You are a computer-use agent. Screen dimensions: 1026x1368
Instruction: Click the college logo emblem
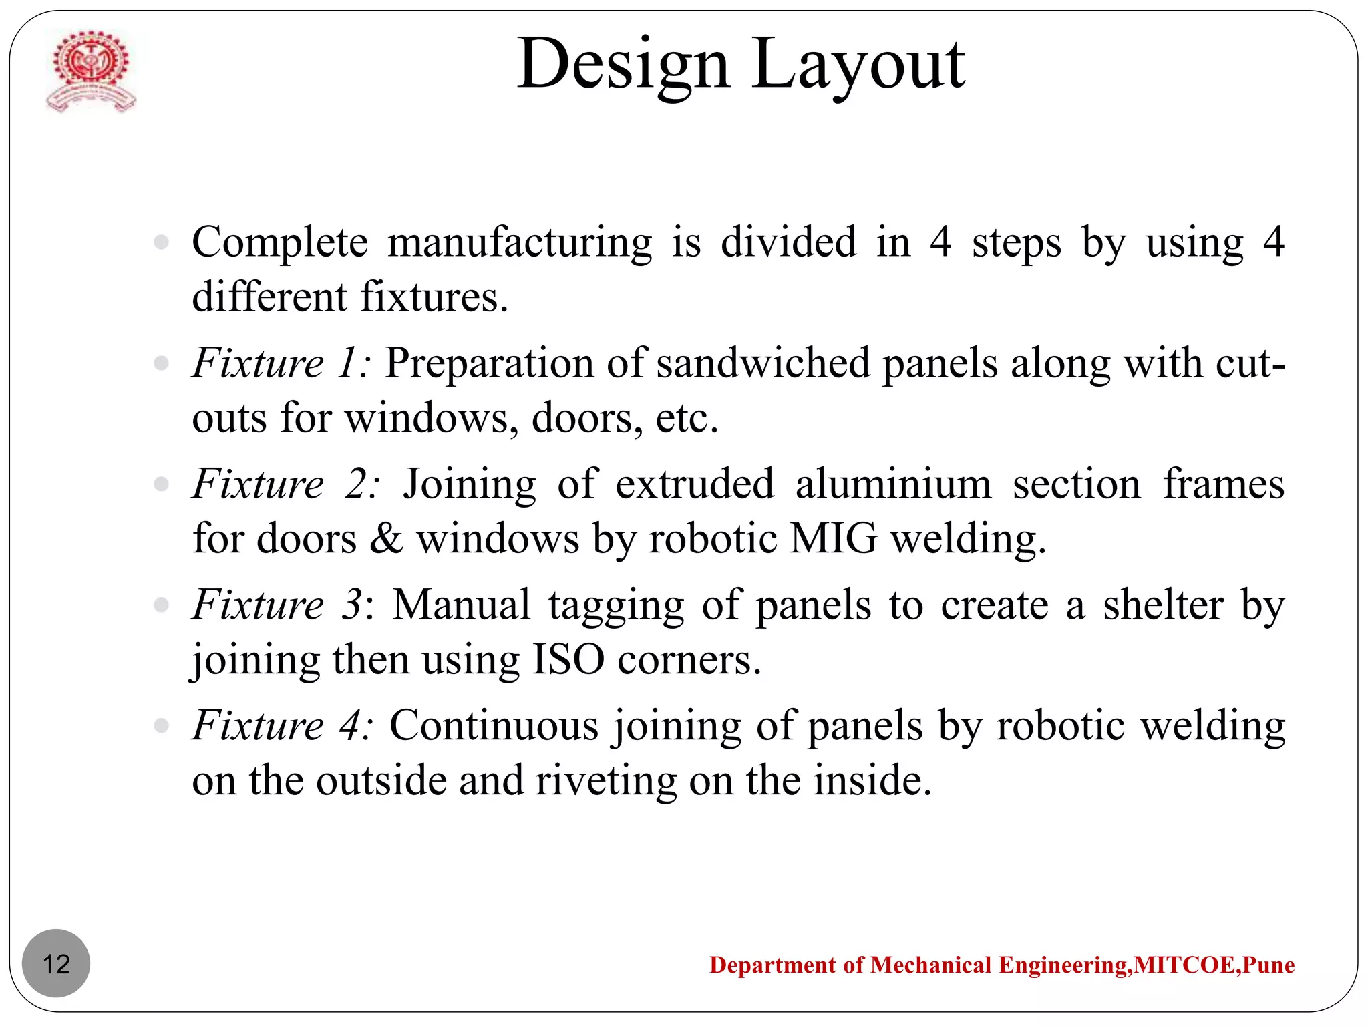(x=90, y=71)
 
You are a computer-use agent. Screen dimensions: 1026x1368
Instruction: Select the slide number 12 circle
(x=56, y=963)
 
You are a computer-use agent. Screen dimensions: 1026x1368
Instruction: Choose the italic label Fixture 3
(x=277, y=605)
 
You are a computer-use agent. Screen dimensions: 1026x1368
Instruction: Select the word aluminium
(x=893, y=484)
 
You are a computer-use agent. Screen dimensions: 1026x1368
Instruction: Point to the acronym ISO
(x=568, y=659)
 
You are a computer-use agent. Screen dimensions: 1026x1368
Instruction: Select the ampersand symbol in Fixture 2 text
(x=386, y=538)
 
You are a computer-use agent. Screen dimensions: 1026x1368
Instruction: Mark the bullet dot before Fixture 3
(x=161, y=605)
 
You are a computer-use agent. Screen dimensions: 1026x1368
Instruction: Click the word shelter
(x=1162, y=605)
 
